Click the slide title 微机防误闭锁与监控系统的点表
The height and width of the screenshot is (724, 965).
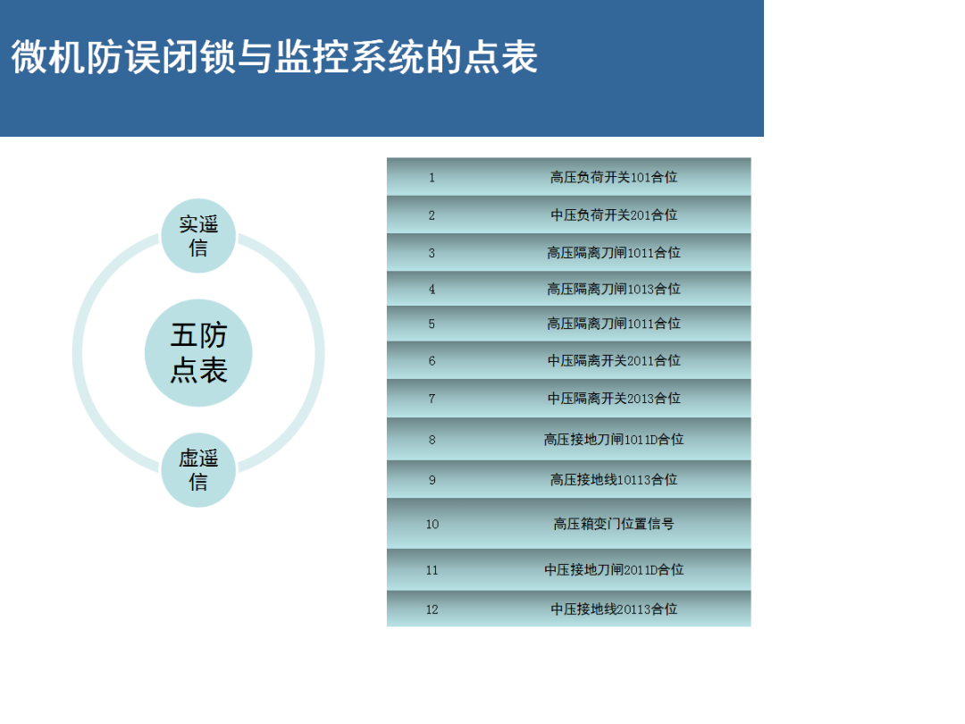point(274,57)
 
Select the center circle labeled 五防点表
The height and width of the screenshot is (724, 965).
point(198,353)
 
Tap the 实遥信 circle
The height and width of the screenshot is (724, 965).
point(198,236)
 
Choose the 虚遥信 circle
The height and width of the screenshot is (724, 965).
point(198,470)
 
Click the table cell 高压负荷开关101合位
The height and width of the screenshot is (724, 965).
point(614,177)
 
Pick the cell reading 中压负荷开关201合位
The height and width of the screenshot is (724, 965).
point(614,215)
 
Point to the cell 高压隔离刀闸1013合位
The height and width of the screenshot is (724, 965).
point(614,289)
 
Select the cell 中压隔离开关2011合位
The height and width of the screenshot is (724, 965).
point(614,360)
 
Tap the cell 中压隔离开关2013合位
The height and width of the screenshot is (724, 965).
point(614,398)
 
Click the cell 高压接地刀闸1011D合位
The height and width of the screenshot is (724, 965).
point(614,439)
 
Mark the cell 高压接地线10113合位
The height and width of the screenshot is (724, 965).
point(614,479)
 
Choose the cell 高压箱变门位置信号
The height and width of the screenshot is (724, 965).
point(614,523)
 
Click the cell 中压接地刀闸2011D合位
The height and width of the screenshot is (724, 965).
point(614,569)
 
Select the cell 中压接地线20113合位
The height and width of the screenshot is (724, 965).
point(614,609)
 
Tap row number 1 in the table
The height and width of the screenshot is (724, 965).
point(432,177)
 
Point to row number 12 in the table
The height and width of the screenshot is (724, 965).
point(432,609)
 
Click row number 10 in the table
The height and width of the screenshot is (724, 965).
point(432,524)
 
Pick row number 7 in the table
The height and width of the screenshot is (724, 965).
point(432,398)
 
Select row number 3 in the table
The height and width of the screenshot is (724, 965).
point(432,253)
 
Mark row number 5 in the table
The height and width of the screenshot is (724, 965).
point(432,324)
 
